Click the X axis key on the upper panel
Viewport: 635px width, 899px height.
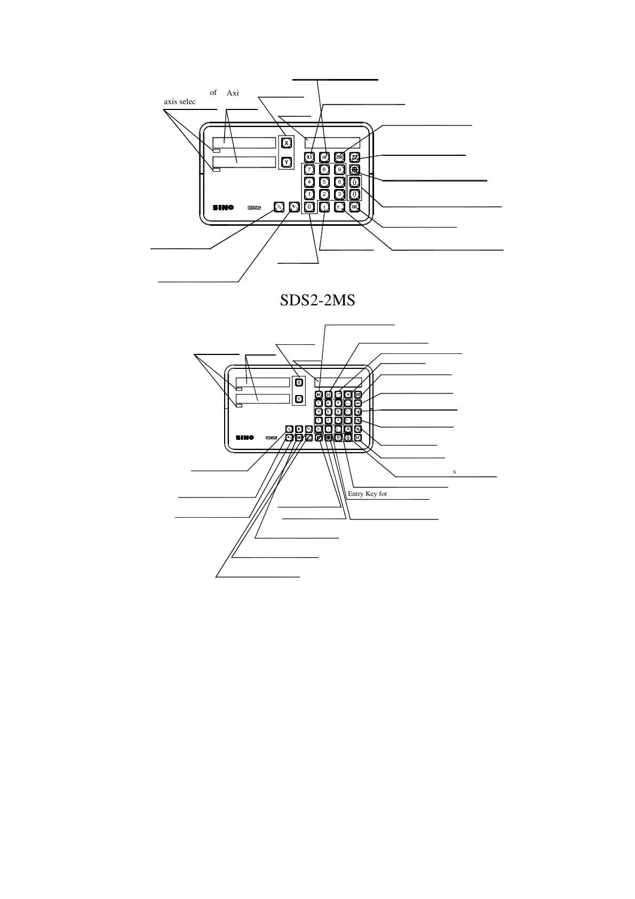pyautogui.click(x=286, y=143)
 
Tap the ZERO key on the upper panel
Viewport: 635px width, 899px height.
pyautogui.click(x=340, y=157)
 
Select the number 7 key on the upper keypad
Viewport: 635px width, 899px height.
pyautogui.click(x=309, y=170)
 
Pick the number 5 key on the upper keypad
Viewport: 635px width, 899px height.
pyautogui.click(x=324, y=182)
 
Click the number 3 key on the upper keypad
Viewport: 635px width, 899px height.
pyautogui.click(x=339, y=194)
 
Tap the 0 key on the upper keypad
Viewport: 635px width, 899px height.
pyautogui.click(x=309, y=207)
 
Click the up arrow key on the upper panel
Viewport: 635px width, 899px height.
pyautogui.click(x=355, y=182)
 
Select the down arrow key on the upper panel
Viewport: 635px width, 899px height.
pyautogui.click(x=355, y=194)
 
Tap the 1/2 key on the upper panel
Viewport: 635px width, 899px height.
pyautogui.click(x=278, y=207)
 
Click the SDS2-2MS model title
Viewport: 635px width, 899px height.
pyautogui.click(x=317, y=301)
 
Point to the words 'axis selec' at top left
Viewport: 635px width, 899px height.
pyautogui.click(x=180, y=101)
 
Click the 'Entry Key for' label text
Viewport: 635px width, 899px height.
pyautogui.click(x=367, y=494)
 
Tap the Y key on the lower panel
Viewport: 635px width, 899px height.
pyautogui.click(x=299, y=398)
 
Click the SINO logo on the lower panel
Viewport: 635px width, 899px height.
pyautogui.click(x=245, y=437)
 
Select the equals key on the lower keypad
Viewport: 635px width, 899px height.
pyautogui.click(x=348, y=429)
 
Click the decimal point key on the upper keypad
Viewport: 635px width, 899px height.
pyautogui.click(x=324, y=207)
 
